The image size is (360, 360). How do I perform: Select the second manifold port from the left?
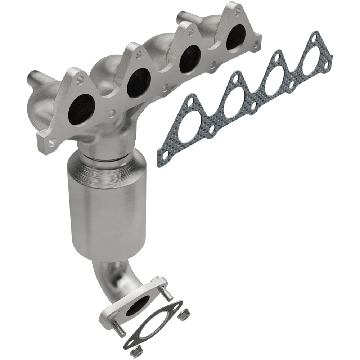click(139, 82)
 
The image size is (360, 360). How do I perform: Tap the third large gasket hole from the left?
click(276, 81)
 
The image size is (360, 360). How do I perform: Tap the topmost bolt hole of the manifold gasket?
click(315, 37)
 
